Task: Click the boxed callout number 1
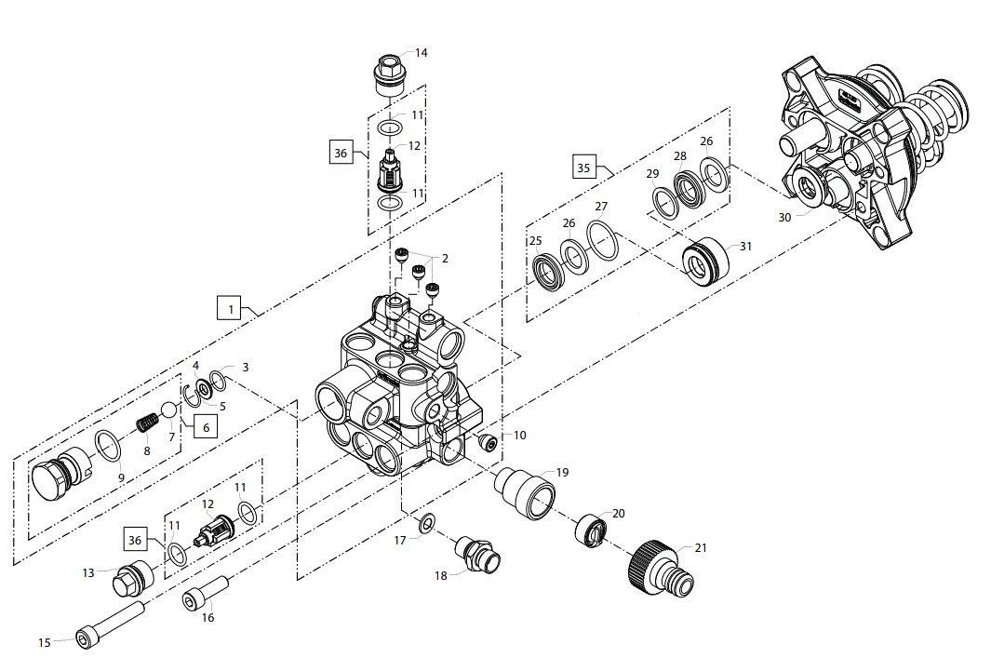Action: [229, 308]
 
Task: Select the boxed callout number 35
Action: [584, 167]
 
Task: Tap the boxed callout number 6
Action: [206, 426]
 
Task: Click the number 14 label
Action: [421, 53]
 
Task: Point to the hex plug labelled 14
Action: [391, 76]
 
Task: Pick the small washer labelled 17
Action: [426, 523]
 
